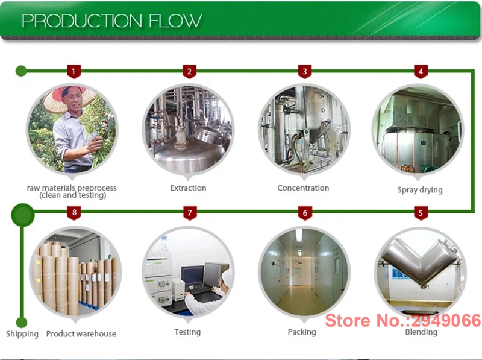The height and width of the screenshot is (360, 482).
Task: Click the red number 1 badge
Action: click(x=74, y=71)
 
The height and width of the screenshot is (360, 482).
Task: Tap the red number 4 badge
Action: click(x=421, y=71)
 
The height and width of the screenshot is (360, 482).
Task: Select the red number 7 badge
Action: click(x=190, y=213)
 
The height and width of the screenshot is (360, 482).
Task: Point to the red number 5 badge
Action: click(x=421, y=213)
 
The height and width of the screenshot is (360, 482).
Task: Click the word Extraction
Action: click(x=188, y=188)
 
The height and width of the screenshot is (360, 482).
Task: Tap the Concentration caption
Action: click(x=303, y=188)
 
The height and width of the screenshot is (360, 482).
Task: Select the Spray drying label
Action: click(x=420, y=190)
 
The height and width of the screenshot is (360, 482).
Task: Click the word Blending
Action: click(x=421, y=332)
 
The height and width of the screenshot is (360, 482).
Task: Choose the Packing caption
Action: click(x=302, y=332)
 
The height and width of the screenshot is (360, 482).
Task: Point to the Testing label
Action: click(x=187, y=332)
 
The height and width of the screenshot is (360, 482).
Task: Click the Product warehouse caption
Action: click(x=81, y=334)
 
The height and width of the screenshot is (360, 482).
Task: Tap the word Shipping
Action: click(x=22, y=334)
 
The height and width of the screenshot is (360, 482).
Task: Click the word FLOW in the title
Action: click(x=175, y=21)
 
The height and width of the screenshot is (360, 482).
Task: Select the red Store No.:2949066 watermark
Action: click(x=402, y=320)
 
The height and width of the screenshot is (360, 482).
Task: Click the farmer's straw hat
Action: click(x=66, y=97)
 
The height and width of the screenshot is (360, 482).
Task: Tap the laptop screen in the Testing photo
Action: click(x=193, y=276)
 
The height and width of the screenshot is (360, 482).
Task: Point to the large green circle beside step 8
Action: click(x=23, y=215)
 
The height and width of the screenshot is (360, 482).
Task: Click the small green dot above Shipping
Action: click(x=22, y=323)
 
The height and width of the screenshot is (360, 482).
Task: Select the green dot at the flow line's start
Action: click(x=21, y=71)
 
